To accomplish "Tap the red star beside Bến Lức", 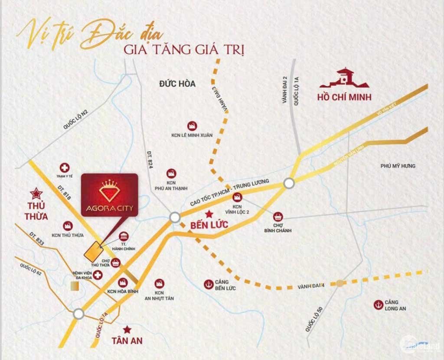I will [209, 214].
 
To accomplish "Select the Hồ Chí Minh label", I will [345, 97].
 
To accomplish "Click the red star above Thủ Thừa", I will [35, 192].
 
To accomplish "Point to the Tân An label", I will [127, 341].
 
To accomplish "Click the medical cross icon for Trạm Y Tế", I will [65, 167].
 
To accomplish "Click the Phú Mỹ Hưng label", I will [398, 166].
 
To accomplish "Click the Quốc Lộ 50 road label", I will [313, 319].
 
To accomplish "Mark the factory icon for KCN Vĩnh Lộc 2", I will [238, 197].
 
